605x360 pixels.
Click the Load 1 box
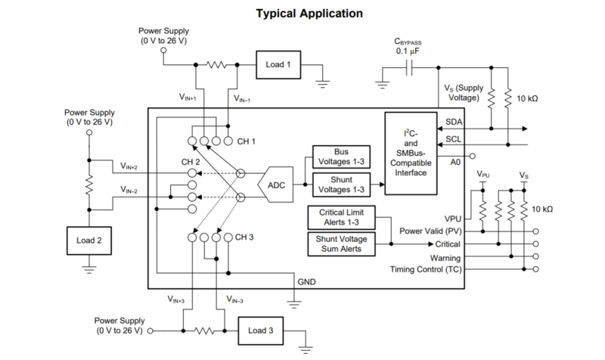[278, 65]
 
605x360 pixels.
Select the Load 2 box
[89, 241]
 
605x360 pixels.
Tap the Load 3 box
[261, 331]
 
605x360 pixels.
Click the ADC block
[275, 185]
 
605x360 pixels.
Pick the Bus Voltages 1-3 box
[341, 157]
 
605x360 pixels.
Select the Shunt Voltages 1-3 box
[341, 185]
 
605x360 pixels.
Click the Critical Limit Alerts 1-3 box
[341, 217]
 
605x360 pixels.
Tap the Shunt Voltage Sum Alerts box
[341, 244]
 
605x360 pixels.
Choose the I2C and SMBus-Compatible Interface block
[411, 154]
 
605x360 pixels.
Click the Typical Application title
[309, 14]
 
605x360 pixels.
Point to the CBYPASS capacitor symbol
[409, 68]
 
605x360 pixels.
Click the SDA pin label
[454, 122]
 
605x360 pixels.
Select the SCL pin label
[454, 139]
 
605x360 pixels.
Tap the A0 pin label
[455, 162]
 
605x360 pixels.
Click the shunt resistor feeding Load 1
[216, 65]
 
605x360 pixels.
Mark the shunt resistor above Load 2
[89, 185]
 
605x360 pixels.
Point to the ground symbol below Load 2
[89, 269]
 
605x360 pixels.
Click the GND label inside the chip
[307, 282]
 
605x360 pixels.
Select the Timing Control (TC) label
[426, 269]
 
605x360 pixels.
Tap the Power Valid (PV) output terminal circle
[535, 231]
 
